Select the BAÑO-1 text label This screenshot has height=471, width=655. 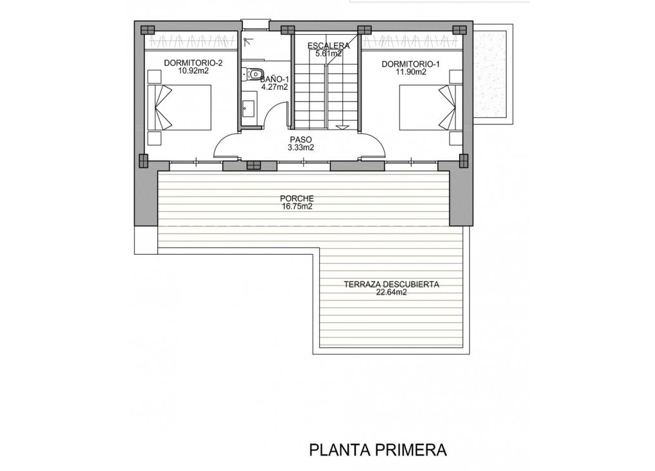(275, 78)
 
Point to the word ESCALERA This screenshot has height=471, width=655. (328, 46)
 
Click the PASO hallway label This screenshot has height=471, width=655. (301, 139)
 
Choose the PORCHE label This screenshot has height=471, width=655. (297, 198)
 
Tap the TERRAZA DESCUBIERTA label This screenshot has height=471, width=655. (391, 284)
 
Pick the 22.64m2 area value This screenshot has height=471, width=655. (391, 293)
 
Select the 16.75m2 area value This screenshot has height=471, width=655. (297, 207)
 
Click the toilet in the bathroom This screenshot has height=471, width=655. (250, 74)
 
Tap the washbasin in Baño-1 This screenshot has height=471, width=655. (248, 107)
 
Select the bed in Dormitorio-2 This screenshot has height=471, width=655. (179, 108)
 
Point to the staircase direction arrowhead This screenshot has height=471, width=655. (344, 127)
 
